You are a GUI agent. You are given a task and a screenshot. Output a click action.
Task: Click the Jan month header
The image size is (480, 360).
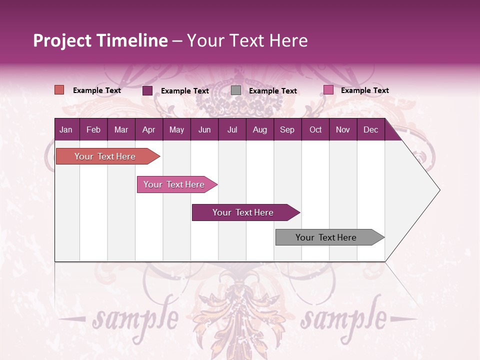coord(66,130)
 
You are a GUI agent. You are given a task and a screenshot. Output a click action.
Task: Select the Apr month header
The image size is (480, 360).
coord(148,130)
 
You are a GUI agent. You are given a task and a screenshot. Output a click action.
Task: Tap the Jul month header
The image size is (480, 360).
coord(232,130)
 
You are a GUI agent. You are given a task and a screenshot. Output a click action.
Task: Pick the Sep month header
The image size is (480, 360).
coord(287,130)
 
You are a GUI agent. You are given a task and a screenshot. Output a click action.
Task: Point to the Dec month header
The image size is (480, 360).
coord(370,130)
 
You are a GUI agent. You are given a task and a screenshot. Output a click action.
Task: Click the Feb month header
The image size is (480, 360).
coord(93,130)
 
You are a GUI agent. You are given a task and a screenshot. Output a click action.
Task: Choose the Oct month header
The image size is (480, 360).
coord(315,130)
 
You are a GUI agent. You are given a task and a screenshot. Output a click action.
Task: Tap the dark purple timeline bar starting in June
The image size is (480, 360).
coord(243,212)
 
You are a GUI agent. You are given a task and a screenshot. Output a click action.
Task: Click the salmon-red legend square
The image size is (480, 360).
coord(59,90)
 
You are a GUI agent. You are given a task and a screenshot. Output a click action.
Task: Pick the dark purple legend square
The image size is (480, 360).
coord(147,90)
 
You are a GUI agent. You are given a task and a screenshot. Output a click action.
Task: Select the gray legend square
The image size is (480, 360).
coord(236,90)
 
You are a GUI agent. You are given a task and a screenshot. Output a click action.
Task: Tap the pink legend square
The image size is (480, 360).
coord(328,90)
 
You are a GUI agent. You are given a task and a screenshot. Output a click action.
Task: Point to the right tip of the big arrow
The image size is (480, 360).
coord(439,190)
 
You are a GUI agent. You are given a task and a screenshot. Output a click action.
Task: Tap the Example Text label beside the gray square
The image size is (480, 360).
coord(272,90)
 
